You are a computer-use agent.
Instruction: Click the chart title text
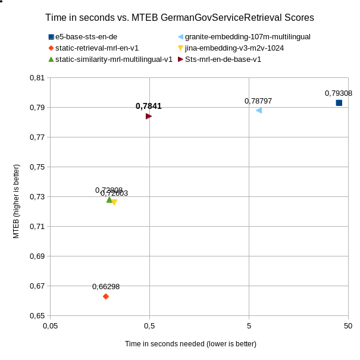pos(180,18)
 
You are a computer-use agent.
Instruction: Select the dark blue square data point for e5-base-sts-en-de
pos(339,103)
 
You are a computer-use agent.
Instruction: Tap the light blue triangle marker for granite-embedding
pos(259,110)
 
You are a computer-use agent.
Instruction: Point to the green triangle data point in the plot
pos(109,200)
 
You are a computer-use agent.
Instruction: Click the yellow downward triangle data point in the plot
pos(114,203)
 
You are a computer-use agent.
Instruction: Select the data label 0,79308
pos(339,93)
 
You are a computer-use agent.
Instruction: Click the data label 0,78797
pos(258,101)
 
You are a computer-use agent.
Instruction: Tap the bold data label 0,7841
pos(149,107)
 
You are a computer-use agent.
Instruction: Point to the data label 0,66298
pos(106,287)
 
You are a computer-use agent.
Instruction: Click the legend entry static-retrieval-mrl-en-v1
pos(101,48)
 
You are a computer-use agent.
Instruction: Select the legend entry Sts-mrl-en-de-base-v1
pos(223,59)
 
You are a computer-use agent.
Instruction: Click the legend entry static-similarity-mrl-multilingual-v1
pos(113,59)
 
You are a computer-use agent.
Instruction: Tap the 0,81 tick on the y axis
pos(37,78)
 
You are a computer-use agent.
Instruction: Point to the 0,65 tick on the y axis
pos(37,316)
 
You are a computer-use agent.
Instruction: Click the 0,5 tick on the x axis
pos(149,326)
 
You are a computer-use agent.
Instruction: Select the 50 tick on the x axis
pos(348,326)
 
